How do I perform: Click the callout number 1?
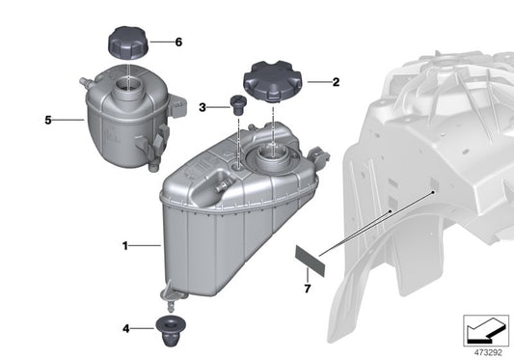point(125,246)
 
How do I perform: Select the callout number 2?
point(336,83)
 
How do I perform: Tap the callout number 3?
point(202,106)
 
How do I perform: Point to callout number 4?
point(127,328)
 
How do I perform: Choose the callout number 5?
point(46,121)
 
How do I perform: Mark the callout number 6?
point(178,42)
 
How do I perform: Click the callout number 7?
point(308,288)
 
